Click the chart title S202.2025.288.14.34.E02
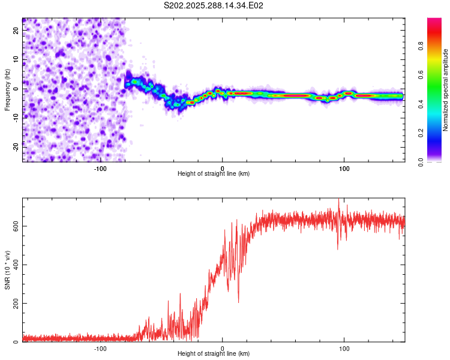(x=214, y=6)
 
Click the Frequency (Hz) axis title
(x=7, y=89)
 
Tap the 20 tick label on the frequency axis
(x=16, y=31)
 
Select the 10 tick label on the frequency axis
(x=16, y=60)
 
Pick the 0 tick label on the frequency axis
(x=16, y=89)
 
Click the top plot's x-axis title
(x=214, y=173)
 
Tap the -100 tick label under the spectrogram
(x=100, y=168)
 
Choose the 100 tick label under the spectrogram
(x=344, y=168)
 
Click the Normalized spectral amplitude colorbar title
(x=446, y=89)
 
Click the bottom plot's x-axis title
(x=214, y=353)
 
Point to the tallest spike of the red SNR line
(x=338, y=199)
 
